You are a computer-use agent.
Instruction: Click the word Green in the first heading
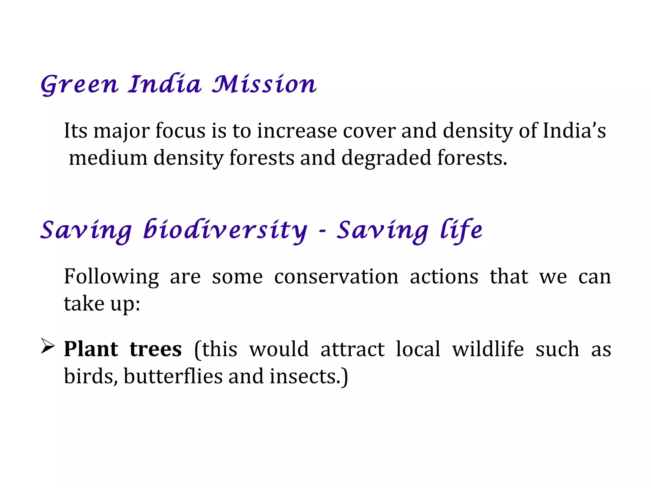click(79, 85)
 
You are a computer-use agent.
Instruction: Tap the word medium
click(108, 158)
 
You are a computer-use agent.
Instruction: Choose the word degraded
click(386, 158)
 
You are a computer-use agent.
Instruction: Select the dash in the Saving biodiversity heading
click(322, 231)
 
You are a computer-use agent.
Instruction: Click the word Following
click(111, 277)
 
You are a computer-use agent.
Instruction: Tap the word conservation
click(336, 277)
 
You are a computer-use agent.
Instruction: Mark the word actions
click(444, 277)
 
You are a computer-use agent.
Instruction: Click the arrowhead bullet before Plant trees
click(48, 346)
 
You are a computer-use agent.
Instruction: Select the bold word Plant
click(91, 349)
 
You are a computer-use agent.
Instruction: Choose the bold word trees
click(155, 349)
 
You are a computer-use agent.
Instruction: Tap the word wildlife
click(488, 349)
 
